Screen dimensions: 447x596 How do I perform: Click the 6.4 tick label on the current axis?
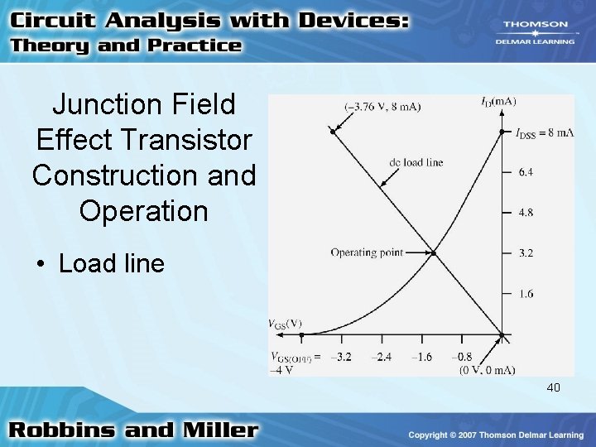tap(526, 172)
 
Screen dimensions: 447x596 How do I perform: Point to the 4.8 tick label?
tap(526, 213)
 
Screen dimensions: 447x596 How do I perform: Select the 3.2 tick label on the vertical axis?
tap(526, 253)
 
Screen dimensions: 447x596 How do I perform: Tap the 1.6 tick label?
tap(526, 294)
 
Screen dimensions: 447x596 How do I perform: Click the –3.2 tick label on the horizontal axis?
tap(340, 358)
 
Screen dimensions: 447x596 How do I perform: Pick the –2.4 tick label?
tap(381, 358)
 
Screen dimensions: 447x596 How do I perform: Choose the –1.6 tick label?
tap(421, 358)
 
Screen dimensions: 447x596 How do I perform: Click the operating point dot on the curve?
tap(434, 252)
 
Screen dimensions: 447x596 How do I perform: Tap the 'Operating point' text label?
tap(365, 252)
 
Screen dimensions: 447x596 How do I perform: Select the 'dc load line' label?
tap(416, 162)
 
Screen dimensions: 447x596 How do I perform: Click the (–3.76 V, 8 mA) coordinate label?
tap(382, 106)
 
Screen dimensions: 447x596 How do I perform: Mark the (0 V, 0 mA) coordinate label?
tap(488, 370)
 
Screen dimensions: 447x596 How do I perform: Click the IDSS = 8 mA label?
tap(544, 132)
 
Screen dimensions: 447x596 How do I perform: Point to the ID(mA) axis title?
tap(498, 102)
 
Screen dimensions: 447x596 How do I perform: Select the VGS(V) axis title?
tap(285, 324)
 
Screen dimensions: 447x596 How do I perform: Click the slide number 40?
tap(554, 387)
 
